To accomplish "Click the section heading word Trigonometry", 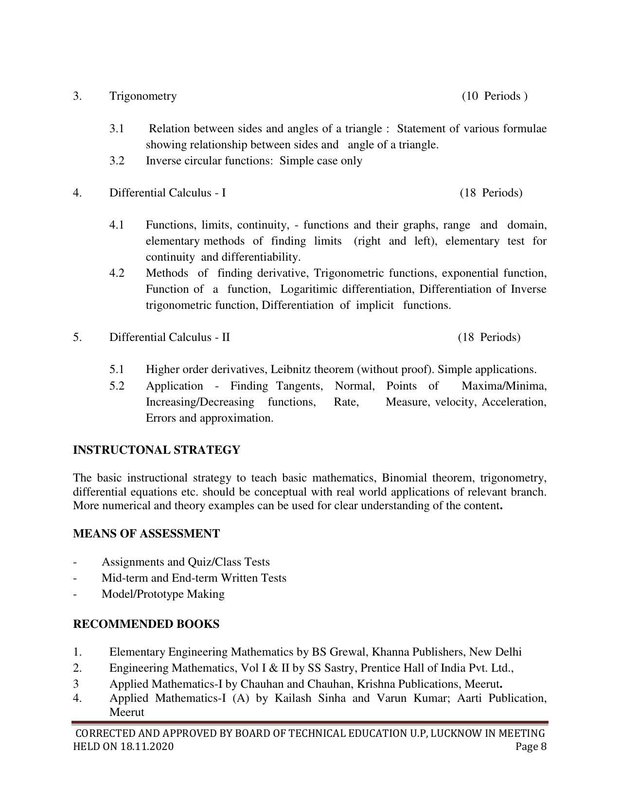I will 143,96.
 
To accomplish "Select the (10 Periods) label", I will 495,96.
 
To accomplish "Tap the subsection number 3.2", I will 117,161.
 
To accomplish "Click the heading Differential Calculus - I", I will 167,193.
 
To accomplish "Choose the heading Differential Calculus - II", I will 169,337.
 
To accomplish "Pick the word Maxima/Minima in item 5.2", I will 504,386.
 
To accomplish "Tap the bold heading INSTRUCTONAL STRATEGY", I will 157,450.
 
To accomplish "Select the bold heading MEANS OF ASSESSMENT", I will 146,534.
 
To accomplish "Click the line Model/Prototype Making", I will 163,594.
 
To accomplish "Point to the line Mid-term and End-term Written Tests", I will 194,578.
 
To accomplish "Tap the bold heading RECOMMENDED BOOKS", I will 146,624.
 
